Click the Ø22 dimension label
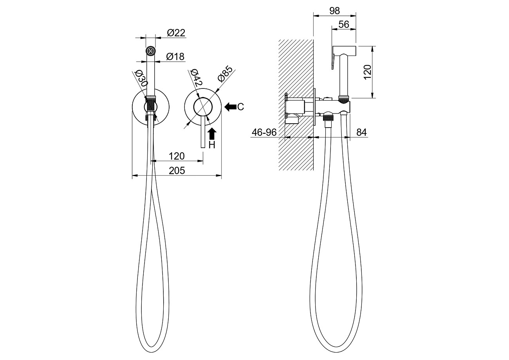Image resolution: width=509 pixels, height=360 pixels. [176, 33]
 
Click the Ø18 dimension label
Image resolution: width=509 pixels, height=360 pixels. [175, 57]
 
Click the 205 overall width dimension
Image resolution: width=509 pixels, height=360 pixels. [177, 171]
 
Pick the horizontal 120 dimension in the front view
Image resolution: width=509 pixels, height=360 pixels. [177, 156]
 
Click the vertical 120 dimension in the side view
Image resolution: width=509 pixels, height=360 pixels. [367, 72]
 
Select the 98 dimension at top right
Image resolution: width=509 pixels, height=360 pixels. [334, 11]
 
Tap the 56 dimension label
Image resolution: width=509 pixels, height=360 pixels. [344, 25]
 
